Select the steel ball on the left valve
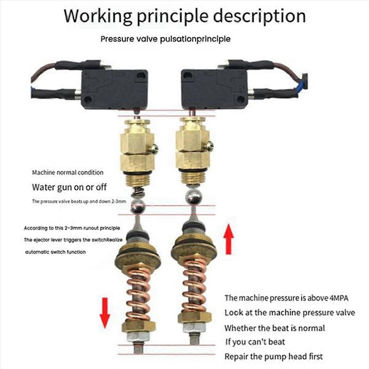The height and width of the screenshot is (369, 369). point(137,206)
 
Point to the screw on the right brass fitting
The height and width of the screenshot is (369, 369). point(209,146)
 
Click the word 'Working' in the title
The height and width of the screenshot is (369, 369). point(98,16)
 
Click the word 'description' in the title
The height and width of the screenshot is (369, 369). point(260,16)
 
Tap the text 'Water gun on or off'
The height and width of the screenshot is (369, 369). point(69,187)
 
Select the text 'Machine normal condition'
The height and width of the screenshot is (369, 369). point(68,173)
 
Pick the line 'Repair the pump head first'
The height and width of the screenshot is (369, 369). point(273,357)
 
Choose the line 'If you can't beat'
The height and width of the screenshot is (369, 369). point(255,342)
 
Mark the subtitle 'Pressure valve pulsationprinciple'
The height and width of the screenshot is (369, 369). point(165,39)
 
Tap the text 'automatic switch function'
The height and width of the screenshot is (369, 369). point(55,252)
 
